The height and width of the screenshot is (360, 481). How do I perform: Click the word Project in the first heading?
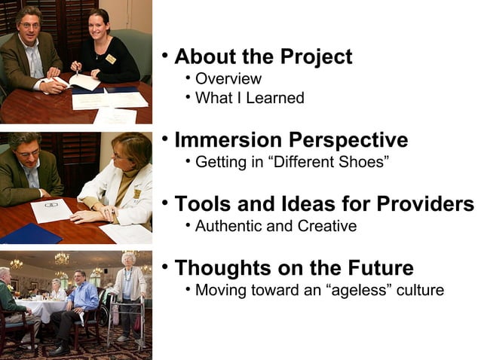pos(316,57)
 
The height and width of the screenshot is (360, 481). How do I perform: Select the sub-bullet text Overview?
pos(228,79)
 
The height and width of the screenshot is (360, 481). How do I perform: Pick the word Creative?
pos(325,226)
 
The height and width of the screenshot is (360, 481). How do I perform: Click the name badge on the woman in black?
pos(111,59)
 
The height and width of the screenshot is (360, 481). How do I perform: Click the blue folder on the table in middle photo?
pos(30,233)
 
